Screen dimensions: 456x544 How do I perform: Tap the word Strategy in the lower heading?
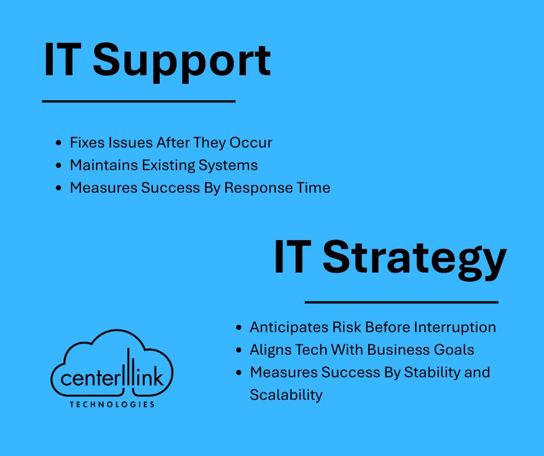[x=414, y=259]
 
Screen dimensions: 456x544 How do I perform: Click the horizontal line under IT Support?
[x=139, y=101]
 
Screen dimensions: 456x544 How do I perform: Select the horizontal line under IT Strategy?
[x=401, y=301]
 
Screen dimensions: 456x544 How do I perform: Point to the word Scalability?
[x=286, y=395]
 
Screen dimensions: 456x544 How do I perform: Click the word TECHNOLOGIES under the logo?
[x=112, y=404]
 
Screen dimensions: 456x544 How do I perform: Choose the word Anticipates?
[x=288, y=327]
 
